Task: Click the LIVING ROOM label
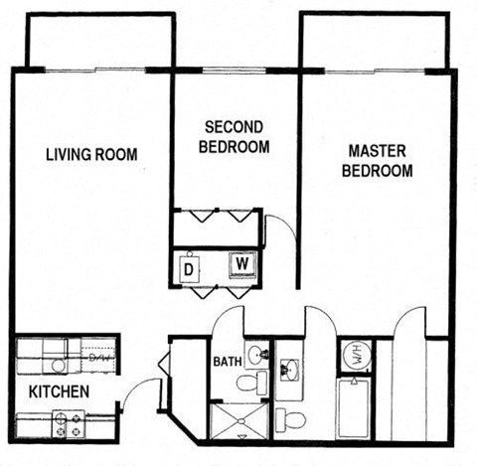[91, 154]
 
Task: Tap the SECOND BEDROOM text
[235, 137]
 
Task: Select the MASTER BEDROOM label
[377, 160]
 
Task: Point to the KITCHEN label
[58, 391]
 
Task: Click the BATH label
[227, 361]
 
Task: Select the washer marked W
[241, 264]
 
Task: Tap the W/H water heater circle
[354, 354]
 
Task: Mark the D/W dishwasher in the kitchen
[97, 356]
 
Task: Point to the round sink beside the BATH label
[256, 354]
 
